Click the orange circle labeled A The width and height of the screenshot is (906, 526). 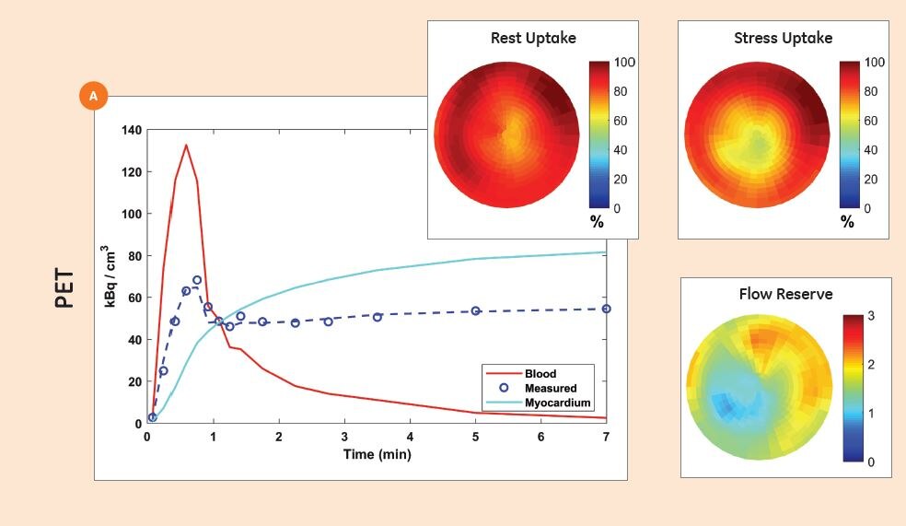94,96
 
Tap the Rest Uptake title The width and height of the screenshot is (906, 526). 533,39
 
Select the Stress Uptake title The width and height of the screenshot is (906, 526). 783,39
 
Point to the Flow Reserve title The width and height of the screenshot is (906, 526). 785,295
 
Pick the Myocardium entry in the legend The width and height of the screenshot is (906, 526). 557,403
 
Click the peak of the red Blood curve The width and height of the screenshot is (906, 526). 186,145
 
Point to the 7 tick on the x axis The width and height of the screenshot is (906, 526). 606,437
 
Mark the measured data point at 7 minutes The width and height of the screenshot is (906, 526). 606,309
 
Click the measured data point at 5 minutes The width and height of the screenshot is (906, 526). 475,311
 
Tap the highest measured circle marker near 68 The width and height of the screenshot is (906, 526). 197,280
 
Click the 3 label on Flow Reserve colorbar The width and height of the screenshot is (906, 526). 872,317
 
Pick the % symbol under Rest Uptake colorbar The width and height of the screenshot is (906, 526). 597,222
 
